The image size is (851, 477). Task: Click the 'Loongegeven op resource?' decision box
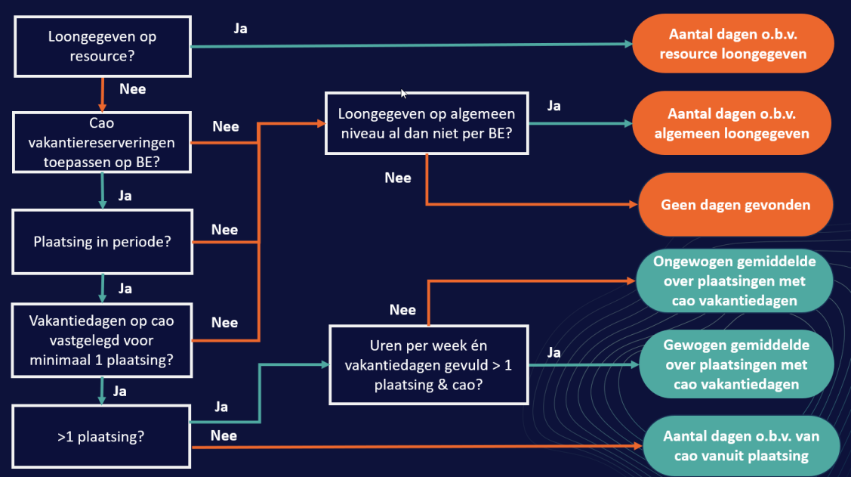pos(102,46)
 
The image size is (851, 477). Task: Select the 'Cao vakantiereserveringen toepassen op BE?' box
pos(102,142)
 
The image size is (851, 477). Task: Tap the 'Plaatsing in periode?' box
pos(102,242)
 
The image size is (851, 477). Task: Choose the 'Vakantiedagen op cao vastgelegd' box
pos(102,340)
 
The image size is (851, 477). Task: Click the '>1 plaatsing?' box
pos(102,435)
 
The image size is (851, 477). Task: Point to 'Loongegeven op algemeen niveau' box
pos(427,124)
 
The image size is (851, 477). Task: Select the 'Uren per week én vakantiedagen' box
pos(428,364)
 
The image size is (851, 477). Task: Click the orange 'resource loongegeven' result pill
pos(732,45)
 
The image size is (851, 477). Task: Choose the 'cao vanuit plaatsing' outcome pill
pos(741,446)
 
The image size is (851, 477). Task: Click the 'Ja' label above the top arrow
pos(239,29)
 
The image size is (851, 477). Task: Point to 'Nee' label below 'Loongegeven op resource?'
pos(132,88)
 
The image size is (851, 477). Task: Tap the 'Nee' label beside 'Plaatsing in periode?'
pos(224,230)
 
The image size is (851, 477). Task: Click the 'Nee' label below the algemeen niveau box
pos(398,178)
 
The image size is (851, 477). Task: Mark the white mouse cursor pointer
pos(404,93)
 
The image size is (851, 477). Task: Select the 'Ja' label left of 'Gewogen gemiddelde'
pos(553,352)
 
